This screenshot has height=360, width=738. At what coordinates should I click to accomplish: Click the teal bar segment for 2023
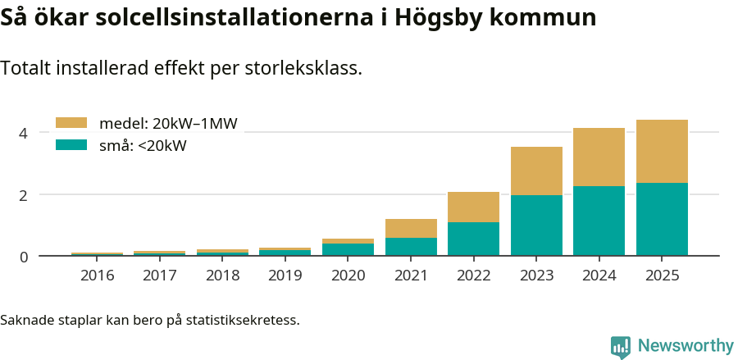pyautogui.click(x=536, y=226)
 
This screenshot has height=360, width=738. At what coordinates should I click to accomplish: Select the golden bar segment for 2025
pyautogui.click(x=662, y=152)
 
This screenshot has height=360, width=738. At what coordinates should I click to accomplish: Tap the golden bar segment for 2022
pyautogui.click(x=473, y=207)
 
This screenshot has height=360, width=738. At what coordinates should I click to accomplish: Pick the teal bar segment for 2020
pyautogui.click(x=348, y=250)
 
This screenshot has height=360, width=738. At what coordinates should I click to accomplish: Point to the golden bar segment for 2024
pyautogui.click(x=599, y=157)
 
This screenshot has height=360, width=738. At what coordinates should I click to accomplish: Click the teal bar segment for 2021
pyautogui.click(x=411, y=247)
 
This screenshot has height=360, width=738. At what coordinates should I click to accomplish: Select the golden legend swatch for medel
pyautogui.click(x=71, y=123)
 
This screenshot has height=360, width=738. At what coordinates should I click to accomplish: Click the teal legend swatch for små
pyautogui.click(x=71, y=145)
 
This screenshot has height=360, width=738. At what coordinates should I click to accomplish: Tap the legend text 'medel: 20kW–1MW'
pyautogui.click(x=168, y=124)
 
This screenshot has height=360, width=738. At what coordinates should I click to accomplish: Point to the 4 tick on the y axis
pyautogui.click(x=24, y=133)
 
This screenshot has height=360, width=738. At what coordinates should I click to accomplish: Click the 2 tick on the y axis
pyautogui.click(x=24, y=195)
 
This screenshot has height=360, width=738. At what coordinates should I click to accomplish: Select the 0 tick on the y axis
pyautogui.click(x=24, y=257)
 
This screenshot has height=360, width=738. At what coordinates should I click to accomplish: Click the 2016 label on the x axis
pyautogui.click(x=97, y=275)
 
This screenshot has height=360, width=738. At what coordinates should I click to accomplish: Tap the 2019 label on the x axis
pyautogui.click(x=285, y=275)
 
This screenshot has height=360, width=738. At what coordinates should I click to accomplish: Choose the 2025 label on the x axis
pyautogui.click(x=662, y=275)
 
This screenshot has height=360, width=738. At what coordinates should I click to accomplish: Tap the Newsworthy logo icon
pyautogui.click(x=621, y=347)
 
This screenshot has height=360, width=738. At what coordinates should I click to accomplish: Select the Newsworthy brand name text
pyautogui.click(x=685, y=346)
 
